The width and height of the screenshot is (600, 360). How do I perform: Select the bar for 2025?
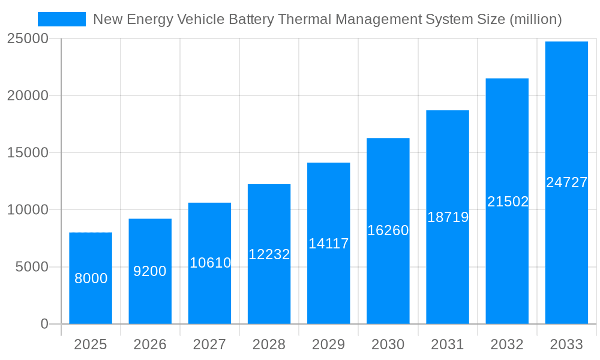[91, 278]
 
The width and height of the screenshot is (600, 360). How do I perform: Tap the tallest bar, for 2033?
[566, 182]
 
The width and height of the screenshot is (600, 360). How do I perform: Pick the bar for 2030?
[388, 231]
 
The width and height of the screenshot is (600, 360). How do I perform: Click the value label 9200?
[150, 271]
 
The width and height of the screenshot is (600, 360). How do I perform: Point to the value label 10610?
[210, 263]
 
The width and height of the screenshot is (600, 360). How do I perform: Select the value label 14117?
[329, 244]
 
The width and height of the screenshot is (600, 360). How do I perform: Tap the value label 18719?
[448, 217]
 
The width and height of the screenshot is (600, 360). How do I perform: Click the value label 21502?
[508, 202]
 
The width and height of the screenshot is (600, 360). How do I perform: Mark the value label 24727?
[566, 182]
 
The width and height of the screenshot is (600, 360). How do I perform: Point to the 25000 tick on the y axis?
[28, 38]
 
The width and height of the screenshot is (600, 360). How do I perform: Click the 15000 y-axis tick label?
[28, 152]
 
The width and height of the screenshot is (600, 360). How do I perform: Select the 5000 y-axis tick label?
[32, 267]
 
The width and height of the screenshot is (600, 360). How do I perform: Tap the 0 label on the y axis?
[44, 324]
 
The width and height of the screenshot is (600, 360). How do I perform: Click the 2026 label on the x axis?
[150, 344]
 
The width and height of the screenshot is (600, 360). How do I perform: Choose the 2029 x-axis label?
[329, 344]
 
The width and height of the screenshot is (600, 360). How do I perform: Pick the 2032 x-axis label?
[507, 344]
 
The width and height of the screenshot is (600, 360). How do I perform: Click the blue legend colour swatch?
[62, 19]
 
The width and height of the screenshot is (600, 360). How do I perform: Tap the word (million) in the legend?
[535, 19]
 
